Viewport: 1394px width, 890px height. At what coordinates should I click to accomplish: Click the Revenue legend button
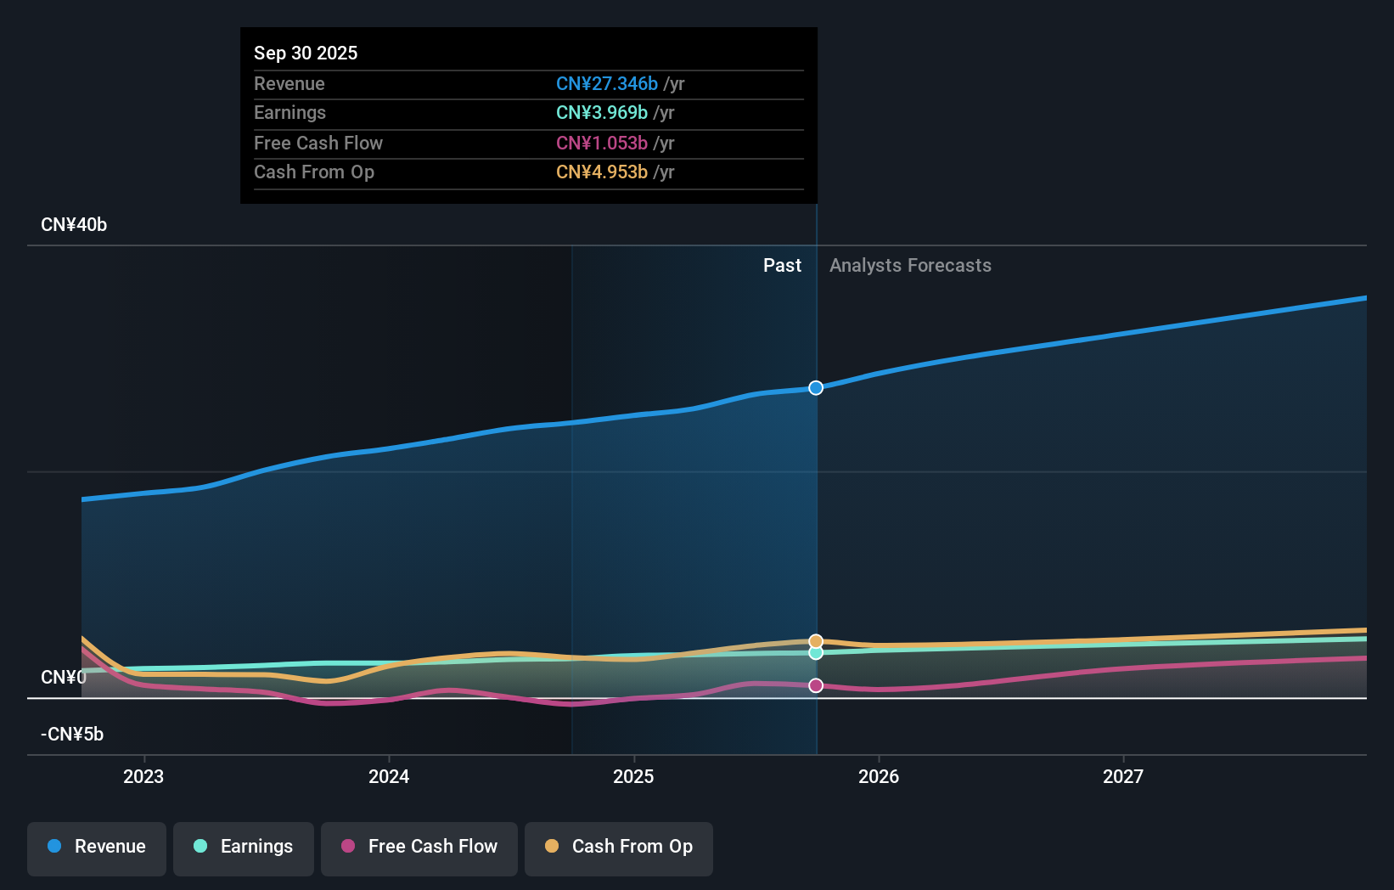pos(97,848)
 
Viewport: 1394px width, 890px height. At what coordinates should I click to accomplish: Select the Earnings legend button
pos(244,848)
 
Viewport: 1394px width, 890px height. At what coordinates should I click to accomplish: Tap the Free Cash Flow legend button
pos(419,848)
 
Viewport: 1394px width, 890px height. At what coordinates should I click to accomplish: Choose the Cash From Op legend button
pos(619,848)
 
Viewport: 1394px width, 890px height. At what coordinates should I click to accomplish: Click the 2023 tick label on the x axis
pos(143,776)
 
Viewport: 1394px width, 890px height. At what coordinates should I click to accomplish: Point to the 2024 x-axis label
pos(389,776)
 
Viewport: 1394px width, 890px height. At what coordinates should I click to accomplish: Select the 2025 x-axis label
pos(633,776)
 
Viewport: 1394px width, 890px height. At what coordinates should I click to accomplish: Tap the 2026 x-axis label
pos(879,776)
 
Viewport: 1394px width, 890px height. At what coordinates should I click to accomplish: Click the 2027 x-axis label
pos(1123,776)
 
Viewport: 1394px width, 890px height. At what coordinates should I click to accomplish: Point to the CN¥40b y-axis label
pos(74,225)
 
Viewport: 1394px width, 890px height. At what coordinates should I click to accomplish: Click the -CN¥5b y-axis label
pos(72,735)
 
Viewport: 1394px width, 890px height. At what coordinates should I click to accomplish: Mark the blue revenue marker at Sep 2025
pos(816,388)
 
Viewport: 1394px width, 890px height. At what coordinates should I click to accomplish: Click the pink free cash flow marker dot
pos(816,685)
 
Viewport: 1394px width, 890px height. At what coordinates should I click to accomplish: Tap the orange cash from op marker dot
pos(816,641)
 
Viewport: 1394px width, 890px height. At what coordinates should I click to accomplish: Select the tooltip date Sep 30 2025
pos(306,53)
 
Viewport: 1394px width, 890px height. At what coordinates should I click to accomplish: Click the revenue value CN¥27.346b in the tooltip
pos(606,83)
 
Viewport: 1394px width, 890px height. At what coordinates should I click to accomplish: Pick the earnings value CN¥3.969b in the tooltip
pos(601,113)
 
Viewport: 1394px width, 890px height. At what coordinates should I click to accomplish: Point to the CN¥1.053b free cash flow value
pos(601,143)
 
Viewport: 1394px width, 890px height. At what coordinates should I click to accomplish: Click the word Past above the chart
pos(782,266)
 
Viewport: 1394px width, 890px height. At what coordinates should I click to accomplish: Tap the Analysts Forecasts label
pos(910,266)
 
